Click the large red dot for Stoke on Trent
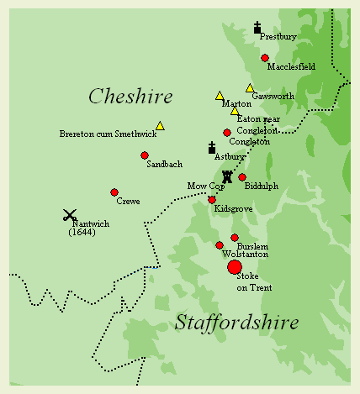click(235, 267)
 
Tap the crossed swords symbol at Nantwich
click(70, 215)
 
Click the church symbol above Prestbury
click(257, 28)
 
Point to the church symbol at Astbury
click(212, 148)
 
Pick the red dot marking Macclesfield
click(265, 58)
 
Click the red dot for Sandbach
click(145, 155)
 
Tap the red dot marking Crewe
click(114, 192)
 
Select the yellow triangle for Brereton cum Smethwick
click(160, 126)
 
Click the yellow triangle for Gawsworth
click(250, 88)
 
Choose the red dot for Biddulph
click(242, 177)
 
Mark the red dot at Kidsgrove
click(212, 199)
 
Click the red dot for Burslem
click(235, 238)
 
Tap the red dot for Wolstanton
click(220, 245)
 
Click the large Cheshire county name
click(130, 97)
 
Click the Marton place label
click(236, 104)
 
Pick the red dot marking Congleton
click(227, 133)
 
